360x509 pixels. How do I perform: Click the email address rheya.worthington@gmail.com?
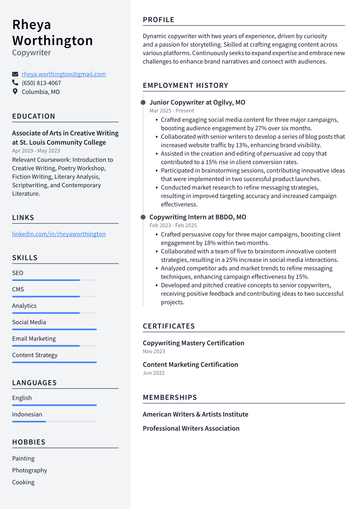64,74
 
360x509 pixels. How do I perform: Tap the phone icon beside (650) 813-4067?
15,83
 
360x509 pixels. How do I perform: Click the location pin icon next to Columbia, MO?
15,92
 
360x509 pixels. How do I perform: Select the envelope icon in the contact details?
15,74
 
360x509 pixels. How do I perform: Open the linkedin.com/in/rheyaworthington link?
59,234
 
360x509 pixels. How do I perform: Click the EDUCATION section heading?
34,116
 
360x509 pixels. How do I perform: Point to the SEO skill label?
18,273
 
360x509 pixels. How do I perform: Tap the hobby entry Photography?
29,471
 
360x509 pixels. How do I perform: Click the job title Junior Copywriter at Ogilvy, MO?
197,103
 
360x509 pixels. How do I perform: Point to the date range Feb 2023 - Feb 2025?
173,226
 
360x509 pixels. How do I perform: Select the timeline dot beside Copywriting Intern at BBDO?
143,217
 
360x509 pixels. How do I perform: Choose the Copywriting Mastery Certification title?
193,343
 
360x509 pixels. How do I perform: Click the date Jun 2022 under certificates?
153,373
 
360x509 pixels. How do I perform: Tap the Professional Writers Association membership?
191,429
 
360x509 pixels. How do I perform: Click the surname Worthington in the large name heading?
53,41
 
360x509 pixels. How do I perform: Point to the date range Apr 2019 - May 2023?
36,151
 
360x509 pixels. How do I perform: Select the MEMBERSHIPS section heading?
170,398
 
